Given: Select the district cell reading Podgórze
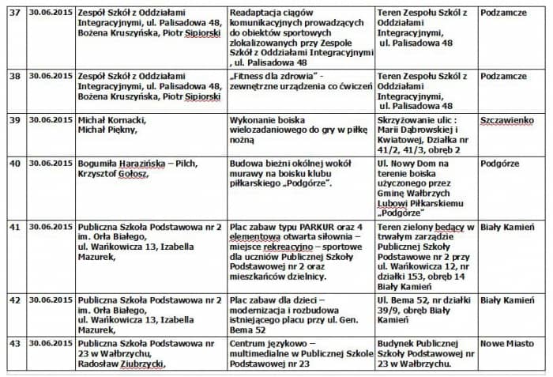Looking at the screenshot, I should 502,163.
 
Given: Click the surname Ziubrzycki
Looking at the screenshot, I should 143,365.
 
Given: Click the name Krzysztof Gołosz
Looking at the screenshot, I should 112,173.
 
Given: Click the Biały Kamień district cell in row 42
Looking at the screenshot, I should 507,300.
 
